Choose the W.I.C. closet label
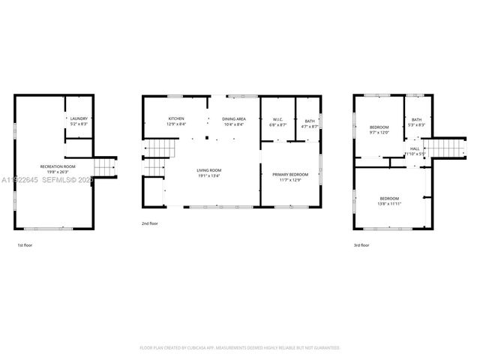tap(277, 122)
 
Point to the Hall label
tap(415, 149)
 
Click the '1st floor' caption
tap(25, 245)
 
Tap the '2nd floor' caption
tap(150, 223)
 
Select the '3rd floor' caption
tap(361, 245)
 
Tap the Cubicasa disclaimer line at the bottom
tap(240, 348)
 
